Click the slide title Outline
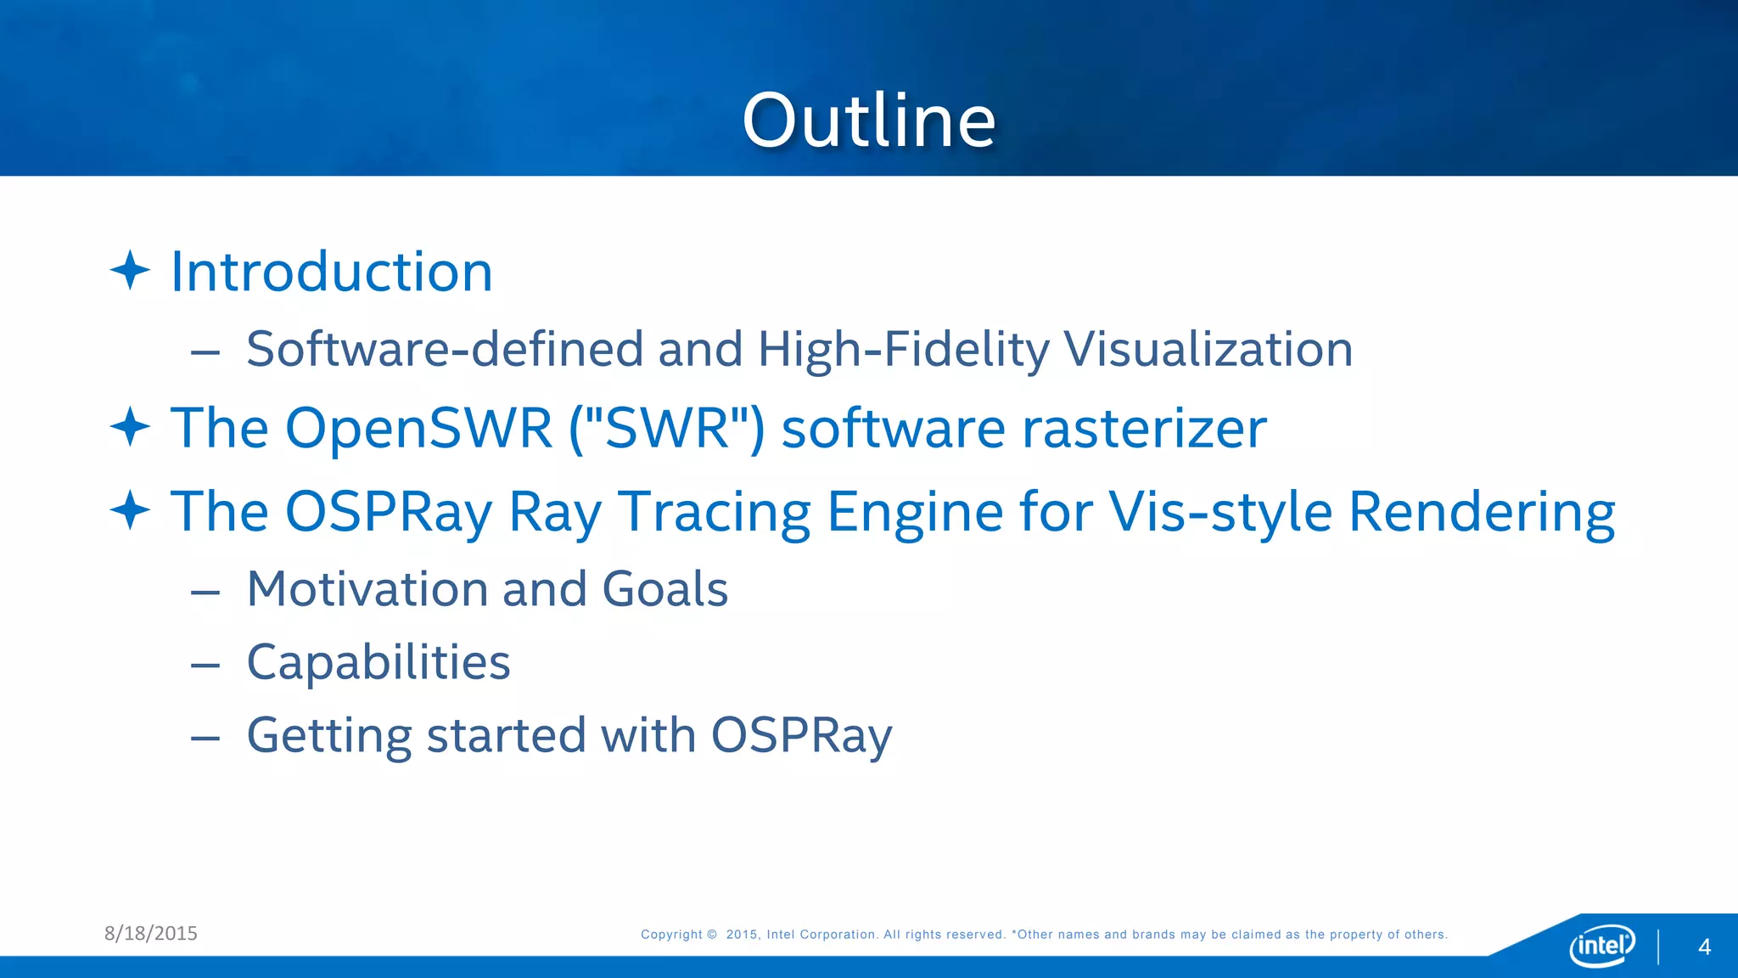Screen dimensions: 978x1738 pyautogui.click(x=868, y=121)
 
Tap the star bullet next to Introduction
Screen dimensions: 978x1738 pyautogui.click(x=130, y=271)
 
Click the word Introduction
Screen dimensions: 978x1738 pyautogui.click(x=331, y=272)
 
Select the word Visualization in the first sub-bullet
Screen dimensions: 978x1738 pyautogui.click(x=1208, y=349)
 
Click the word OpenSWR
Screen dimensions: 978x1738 pyautogui.click(x=418, y=427)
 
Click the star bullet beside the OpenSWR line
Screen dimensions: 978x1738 pyautogui.click(x=130, y=426)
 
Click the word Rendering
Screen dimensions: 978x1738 pyautogui.click(x=1481, y=512)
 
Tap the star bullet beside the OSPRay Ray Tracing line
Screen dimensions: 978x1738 pyautogui.click(x=130, y=510)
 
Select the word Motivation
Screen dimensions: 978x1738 pyautogui.click(x=367, y=588)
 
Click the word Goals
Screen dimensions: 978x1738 pyautogui.click(x=664, y=588)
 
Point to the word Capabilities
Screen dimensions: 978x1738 pyautogui.click(x=378, y=662)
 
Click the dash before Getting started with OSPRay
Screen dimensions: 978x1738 pyautogui.click(x=205, y=738)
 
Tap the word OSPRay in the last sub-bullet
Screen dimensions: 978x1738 pyautogui.click(x=801, y=735)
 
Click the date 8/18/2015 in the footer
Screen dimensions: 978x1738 pyautogui.click(x=151, y=933)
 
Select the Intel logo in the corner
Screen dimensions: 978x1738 pyautogui.click(x=1601, y=945)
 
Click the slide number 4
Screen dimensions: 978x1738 pyautogui.click(x=1704, y=947)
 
